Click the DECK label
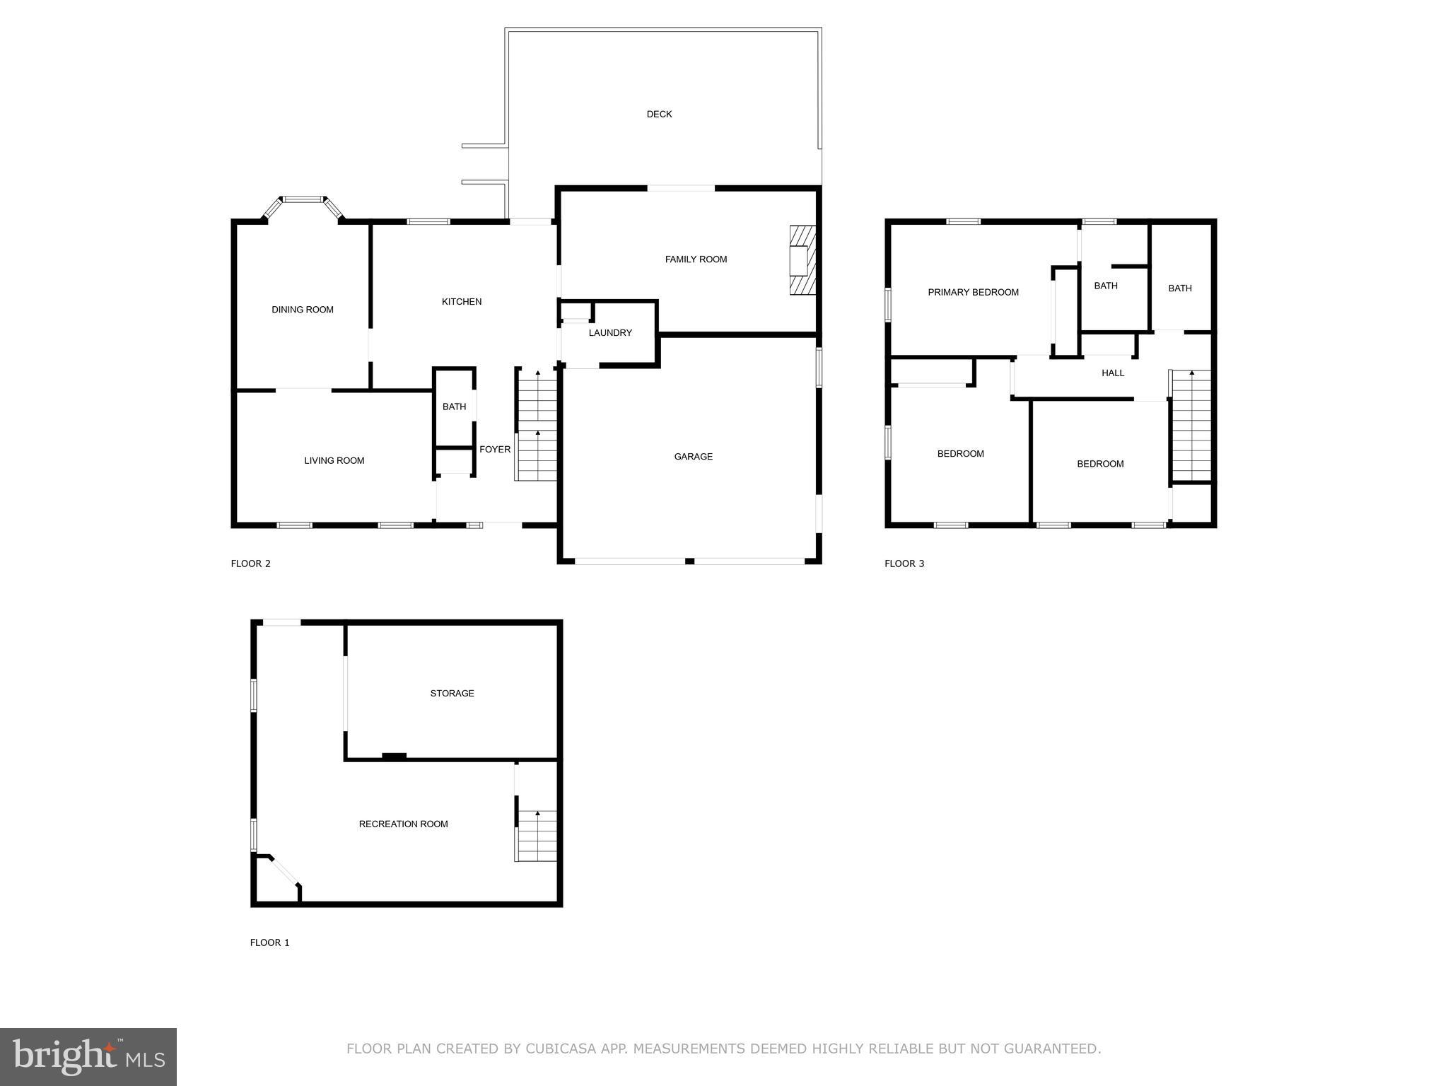point(659,114)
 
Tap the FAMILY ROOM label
point(696,259)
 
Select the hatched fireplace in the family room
point(803,260)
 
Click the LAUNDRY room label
point(610,333)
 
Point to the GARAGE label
point(693,457)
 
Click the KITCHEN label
point(462,302)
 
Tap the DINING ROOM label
point(303,310)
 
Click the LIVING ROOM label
point(334,461)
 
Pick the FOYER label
point(495,450)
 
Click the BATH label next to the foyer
point(454,407)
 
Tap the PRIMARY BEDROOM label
point(973,293)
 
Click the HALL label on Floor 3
point(1112,373)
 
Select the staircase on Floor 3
point(1192,426)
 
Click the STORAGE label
point(452,694)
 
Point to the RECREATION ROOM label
point(403,824)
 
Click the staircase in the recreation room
point(537,836)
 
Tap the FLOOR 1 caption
point(269,942)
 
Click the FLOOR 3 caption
point(904,564)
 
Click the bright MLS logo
point(88,1056)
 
